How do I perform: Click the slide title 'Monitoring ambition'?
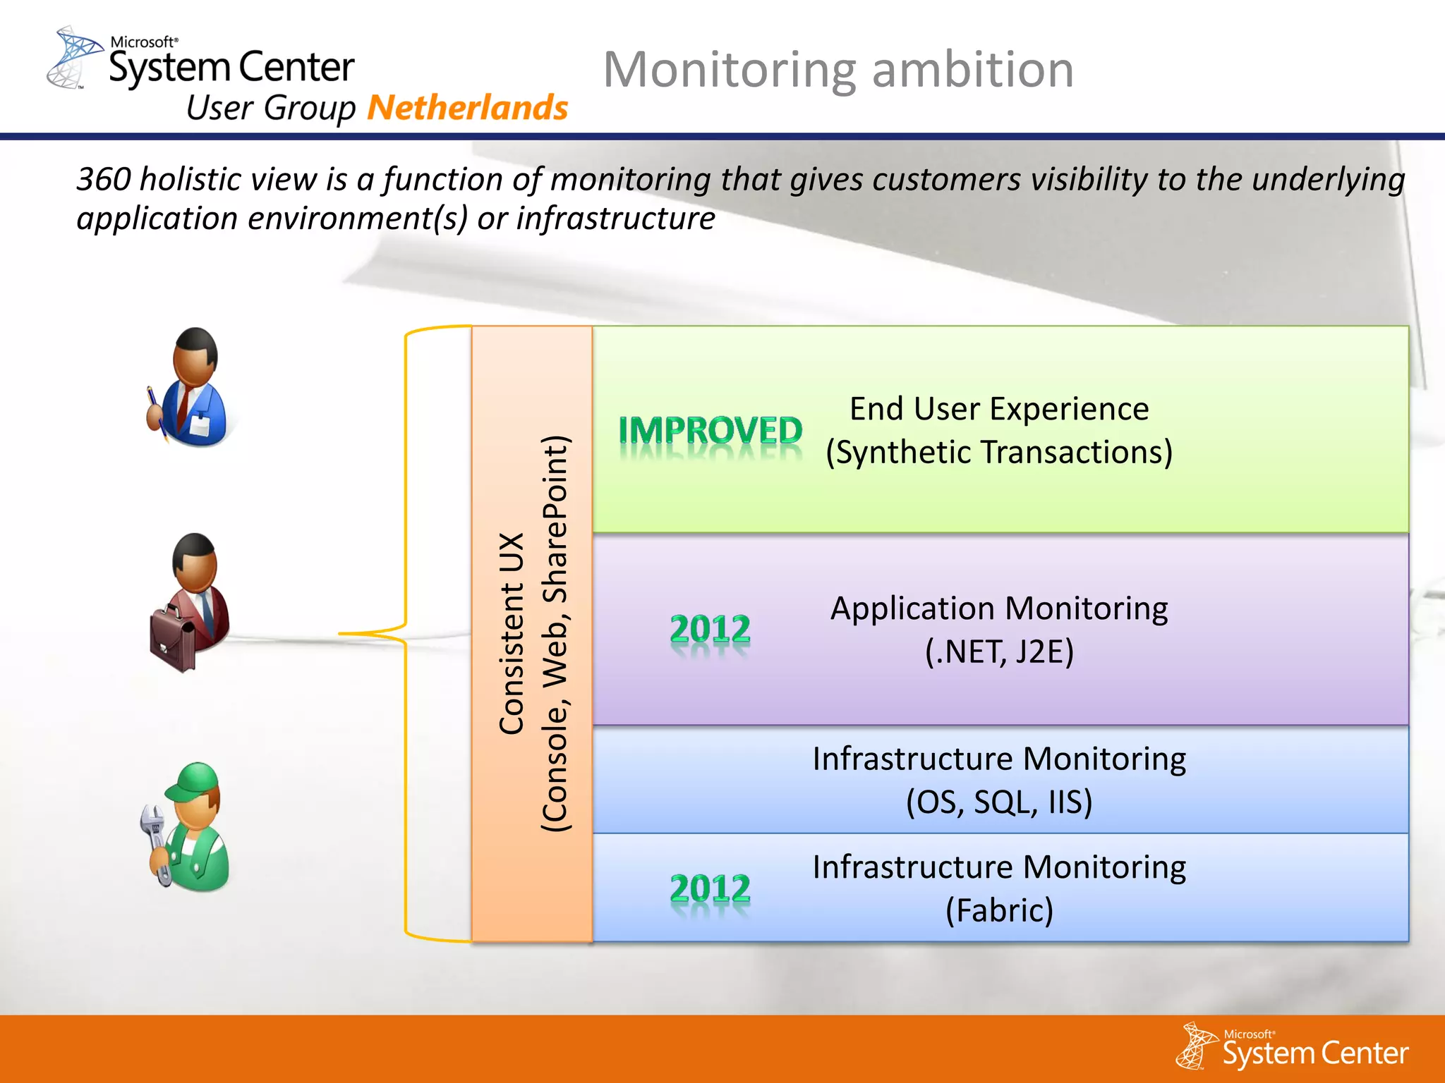click(838, 70)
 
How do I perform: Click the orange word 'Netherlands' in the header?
click(467, 108)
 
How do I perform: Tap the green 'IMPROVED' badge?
click(710, 431)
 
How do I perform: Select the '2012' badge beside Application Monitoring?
click(710, 629)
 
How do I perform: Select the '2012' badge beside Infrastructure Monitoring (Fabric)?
click(710, 888)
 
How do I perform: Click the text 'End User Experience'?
click(999, 409)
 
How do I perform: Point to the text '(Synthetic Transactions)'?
click(999, 452)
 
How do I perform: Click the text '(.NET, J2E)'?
click(999, 651)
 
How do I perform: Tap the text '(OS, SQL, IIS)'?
click(999, 802)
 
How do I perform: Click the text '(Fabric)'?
click(999, 910)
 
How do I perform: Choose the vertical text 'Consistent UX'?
click(512, 633)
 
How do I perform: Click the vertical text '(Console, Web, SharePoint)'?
click(555, 633)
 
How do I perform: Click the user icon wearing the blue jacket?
click(190, 388)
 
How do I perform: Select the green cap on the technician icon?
click(194, 780)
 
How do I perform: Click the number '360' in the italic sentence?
click(103, 179)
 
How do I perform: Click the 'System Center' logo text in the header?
click(231, 68)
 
